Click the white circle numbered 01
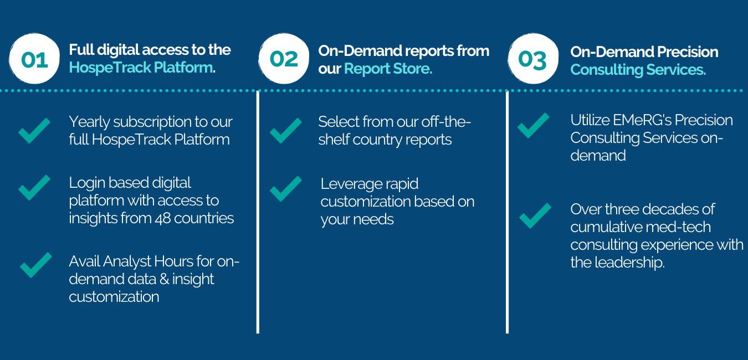[x=34, y=58]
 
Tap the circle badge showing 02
[x=284, y=58]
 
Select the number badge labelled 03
[x=533, y=58]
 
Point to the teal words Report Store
[x=388, y=69]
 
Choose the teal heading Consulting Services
[x=638, y=70]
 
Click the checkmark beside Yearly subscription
[x=34, y=131]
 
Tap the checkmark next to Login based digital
[x=34, y=188]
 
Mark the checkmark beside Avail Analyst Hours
[x=36, y=265]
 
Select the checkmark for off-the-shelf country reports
[x=286, y=131]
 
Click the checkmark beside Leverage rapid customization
[x=286, y=189]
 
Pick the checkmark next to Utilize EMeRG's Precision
[x=533, y=126]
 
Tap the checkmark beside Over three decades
[x=535, y=215]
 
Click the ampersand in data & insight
[x=165, y=279]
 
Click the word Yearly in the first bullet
[x=89, y=122]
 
